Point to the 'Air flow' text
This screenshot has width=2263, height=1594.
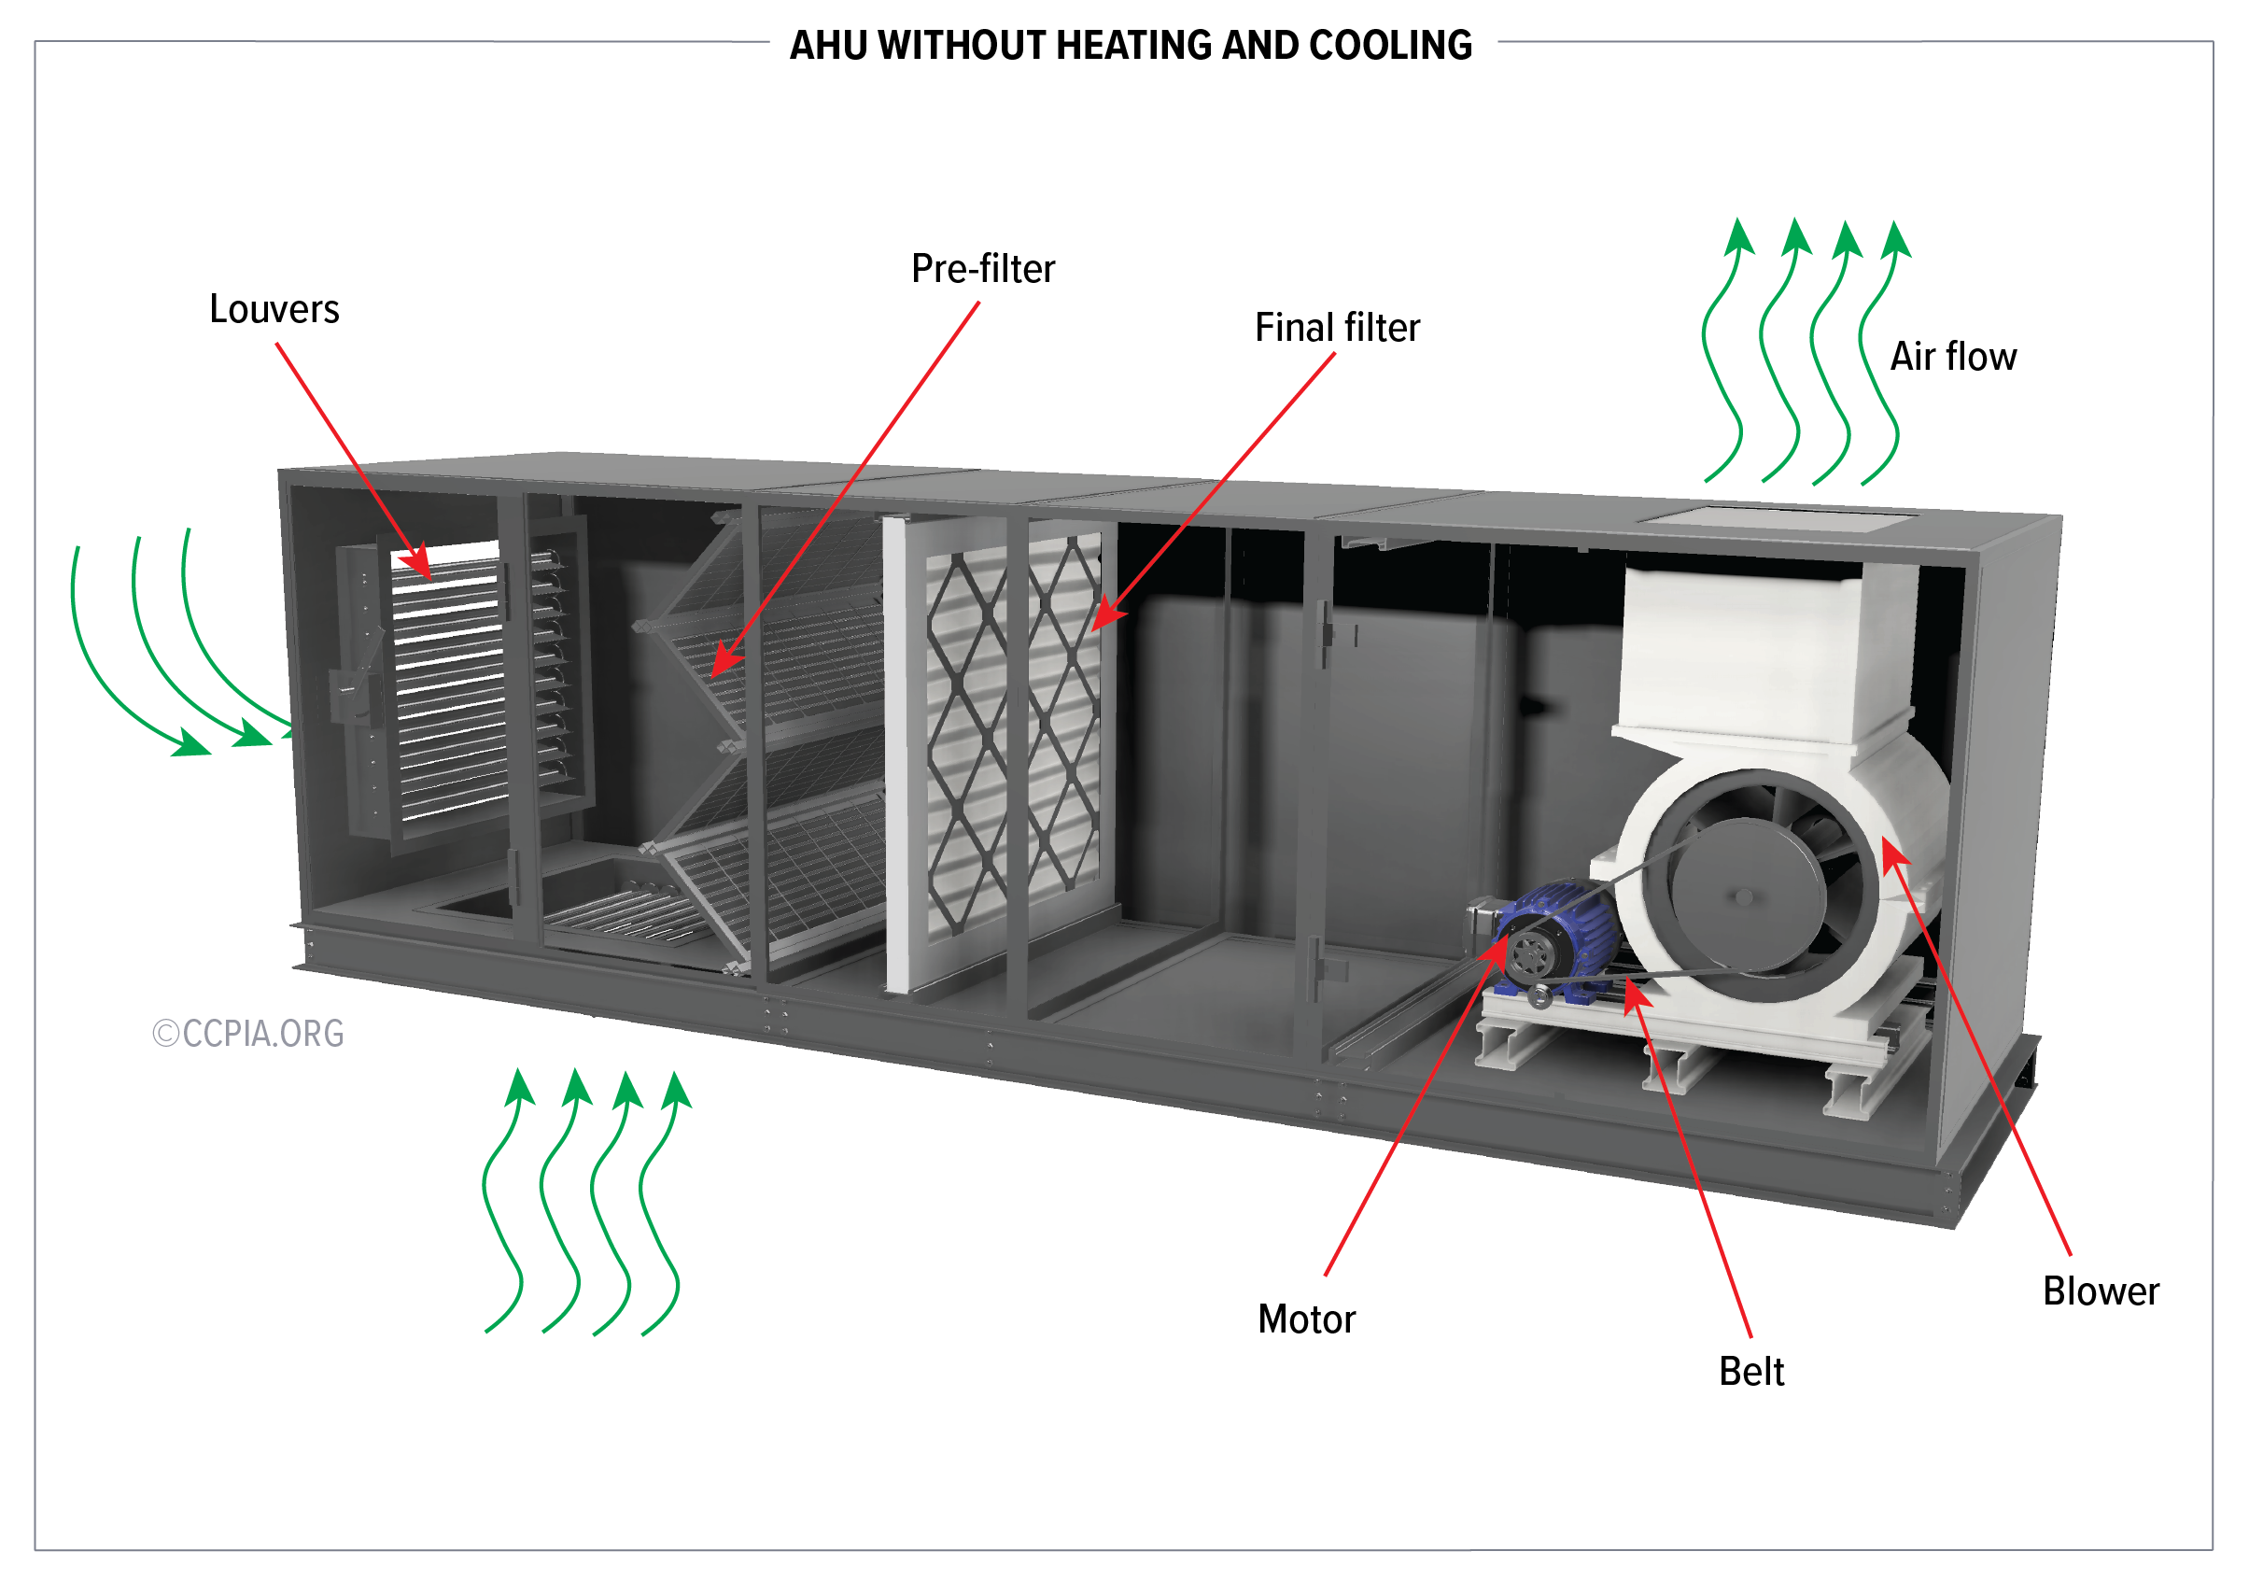pos(1952,357)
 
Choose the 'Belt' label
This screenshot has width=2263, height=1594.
pos(1750,1372)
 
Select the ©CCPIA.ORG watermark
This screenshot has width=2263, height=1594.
pos(248,1033)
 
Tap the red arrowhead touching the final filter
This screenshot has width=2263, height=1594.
pos(1106,616)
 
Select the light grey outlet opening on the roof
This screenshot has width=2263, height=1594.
pos(1779,518)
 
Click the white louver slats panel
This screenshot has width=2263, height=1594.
pos(448,690)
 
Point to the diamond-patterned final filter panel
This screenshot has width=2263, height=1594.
pos(1015,729)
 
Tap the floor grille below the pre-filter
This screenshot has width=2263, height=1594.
pos(621,911)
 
